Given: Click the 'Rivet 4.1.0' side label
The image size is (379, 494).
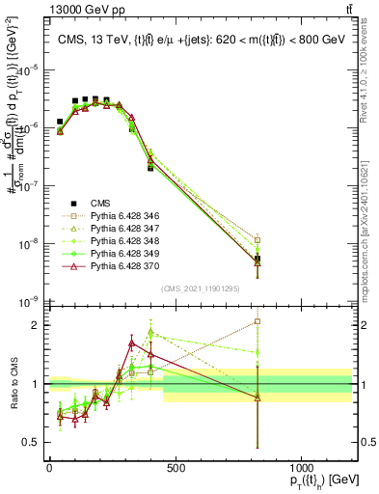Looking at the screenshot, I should point(368,68).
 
